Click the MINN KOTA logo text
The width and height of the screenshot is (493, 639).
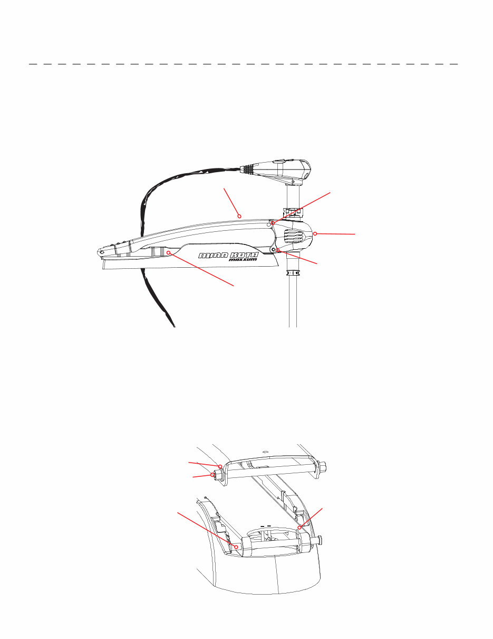[x=228, y=255]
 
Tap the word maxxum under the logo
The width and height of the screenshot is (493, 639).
[x=243, y=260]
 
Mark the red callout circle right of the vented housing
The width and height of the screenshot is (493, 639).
[x=315, y=234]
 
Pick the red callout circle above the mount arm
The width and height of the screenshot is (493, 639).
[x=239, y=216]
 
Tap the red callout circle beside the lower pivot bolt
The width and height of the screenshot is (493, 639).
[x=278, y=250]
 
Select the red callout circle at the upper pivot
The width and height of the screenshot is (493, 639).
[x=273, y=223]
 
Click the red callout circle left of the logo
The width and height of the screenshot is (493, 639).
[x=168, y=252]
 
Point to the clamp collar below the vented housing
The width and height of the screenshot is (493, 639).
[x=293, y=273]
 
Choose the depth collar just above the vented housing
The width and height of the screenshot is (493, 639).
[x=293, y=212]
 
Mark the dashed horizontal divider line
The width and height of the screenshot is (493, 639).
[x=244, y=64]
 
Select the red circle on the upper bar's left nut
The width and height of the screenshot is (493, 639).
[x=212, y=475]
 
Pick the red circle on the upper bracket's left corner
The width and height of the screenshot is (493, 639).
[x=220, y=466]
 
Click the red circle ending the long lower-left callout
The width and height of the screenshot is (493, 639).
[x=236, y=547]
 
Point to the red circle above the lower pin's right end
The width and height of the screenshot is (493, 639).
[x=299, y=528]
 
